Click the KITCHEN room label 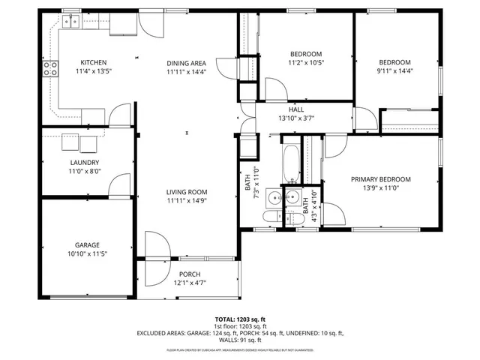tap(94, 62)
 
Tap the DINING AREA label tap(186, 62)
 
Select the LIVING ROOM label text tap(186, 191)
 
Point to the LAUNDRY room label tap(85, 162)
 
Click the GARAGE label tap(87, 245)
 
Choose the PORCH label tap(189, 274)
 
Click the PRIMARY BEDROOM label tap(382, 179)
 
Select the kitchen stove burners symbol tap(51, 69)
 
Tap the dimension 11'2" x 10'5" tap(295, 63)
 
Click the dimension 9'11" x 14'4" tap(394, 71)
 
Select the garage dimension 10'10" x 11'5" tap(87, 254)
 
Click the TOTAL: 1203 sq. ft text tap(240, 319)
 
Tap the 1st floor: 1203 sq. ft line tap(240, 326)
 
